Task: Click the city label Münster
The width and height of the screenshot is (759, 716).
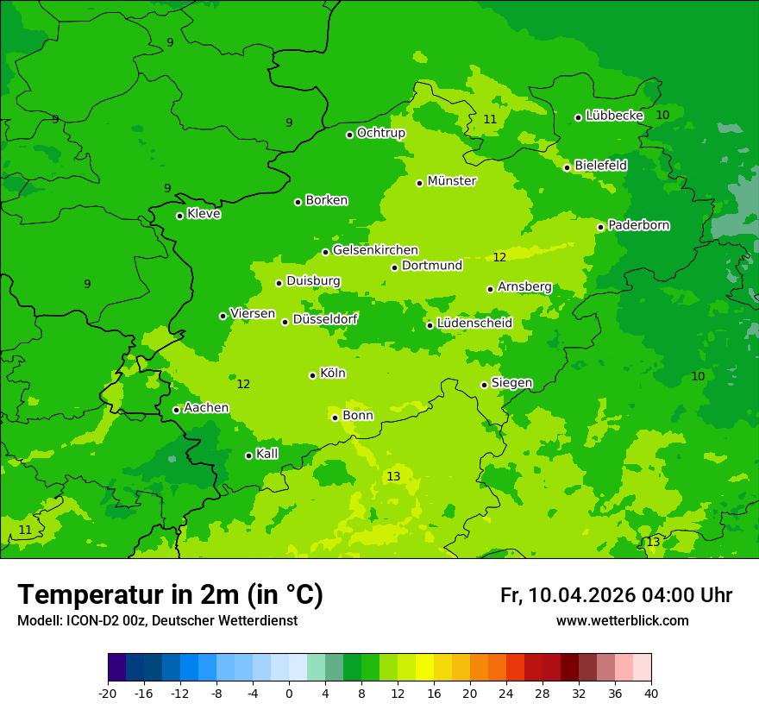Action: [x=452, y=181]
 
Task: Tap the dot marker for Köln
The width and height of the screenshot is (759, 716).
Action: [x=313, y=375]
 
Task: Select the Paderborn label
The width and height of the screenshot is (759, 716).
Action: [x=638, y=225]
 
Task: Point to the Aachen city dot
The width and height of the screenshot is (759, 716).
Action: [x=177, y=410]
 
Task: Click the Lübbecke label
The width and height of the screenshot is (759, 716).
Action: [x=614, y=116]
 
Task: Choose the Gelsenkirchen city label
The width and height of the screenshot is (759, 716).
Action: [x=375, y=250]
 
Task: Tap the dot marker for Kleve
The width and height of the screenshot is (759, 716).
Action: [x=180, y=216]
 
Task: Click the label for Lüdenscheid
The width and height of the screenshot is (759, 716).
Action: [x=474, y=323]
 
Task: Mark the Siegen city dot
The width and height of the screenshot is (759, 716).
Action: [x=485, y=385]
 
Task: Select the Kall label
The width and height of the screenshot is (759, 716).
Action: [x=267, y=454]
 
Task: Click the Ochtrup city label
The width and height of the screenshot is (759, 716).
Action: [x=380, y=133]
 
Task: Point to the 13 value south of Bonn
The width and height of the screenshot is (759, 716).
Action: [x=393, y=477]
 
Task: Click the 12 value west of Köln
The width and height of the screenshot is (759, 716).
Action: [x=243, y=384]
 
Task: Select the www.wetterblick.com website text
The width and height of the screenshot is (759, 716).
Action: [x=622, y=621]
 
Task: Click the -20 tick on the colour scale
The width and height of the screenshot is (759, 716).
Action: [x=108, y=694]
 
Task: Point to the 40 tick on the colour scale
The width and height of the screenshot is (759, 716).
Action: [x=651, y=694]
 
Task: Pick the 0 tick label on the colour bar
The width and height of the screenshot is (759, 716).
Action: [x=289, y=694]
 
